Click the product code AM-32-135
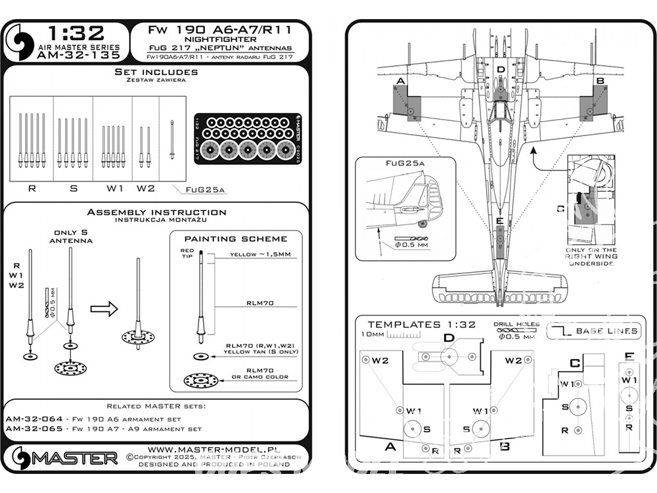coord(81,56)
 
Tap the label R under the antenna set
coord(32,189)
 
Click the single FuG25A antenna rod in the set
coord(171,139)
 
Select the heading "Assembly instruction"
coord(156,212)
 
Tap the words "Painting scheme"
coord(235,238)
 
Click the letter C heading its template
coord(574,363)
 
